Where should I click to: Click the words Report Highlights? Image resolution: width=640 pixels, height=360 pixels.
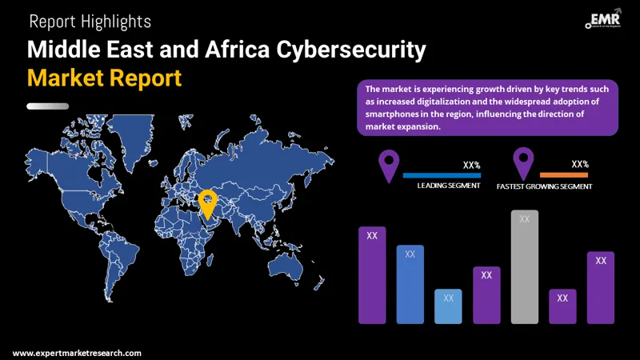[90, 22]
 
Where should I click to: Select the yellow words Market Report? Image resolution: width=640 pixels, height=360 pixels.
[104, 78]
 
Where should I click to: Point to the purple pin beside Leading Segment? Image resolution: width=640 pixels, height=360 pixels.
[390, 165]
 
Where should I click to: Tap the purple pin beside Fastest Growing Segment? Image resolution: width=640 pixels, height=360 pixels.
[524, 163]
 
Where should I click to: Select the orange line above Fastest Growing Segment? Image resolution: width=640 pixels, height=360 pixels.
[564, 174]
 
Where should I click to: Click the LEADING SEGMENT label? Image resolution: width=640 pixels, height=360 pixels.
[449, 186]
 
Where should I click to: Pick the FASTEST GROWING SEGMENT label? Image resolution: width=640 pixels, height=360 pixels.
[544, 186]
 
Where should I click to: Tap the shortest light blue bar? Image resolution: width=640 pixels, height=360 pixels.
[448, 306]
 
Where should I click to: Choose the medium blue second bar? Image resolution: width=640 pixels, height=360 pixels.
[410, 284]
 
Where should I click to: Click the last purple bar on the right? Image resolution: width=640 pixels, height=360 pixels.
[600, 287]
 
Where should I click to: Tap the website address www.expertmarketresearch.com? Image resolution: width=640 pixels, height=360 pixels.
[78, 353]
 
